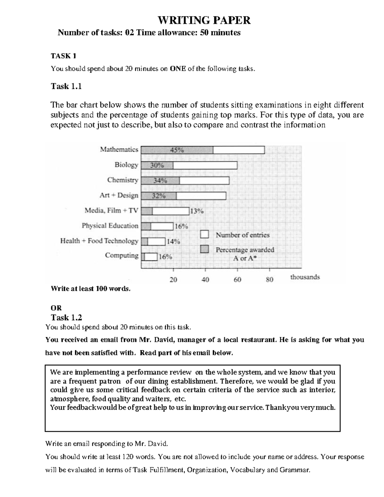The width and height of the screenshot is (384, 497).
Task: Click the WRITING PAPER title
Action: coord(204,20)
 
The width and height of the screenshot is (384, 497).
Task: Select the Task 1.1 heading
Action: coord(66,86)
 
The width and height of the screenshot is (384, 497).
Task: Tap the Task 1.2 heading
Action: coord(66,317)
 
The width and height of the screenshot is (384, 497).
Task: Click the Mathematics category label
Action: coord(119,149)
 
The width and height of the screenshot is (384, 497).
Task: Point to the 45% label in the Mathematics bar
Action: coord(177,150)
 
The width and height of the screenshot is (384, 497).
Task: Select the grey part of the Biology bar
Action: coord(157,165)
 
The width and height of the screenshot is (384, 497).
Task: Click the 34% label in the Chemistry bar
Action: coord(160,180)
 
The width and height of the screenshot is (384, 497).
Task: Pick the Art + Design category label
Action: coord(119,195)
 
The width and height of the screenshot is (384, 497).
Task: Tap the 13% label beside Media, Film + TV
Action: coord(197,211)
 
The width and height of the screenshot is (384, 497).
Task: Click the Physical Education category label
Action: coord(110,226)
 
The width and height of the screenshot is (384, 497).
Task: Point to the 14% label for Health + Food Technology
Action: coord(173,242)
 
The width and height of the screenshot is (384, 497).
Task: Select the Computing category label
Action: coord(122,255)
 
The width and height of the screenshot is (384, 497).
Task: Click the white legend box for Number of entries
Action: coord(204,235)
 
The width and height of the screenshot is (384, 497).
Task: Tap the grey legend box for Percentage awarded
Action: coord(204,249)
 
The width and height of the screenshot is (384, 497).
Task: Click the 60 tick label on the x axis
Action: coord(237,280)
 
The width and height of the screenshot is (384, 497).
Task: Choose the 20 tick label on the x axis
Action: coord(173,280)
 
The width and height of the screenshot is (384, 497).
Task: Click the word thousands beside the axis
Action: coord(305,277)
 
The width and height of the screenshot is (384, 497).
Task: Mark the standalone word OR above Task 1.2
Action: coord(56,308)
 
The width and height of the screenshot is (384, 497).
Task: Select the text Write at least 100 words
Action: coord(91,289)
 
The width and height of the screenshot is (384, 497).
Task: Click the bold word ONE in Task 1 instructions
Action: coord(178,69)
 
